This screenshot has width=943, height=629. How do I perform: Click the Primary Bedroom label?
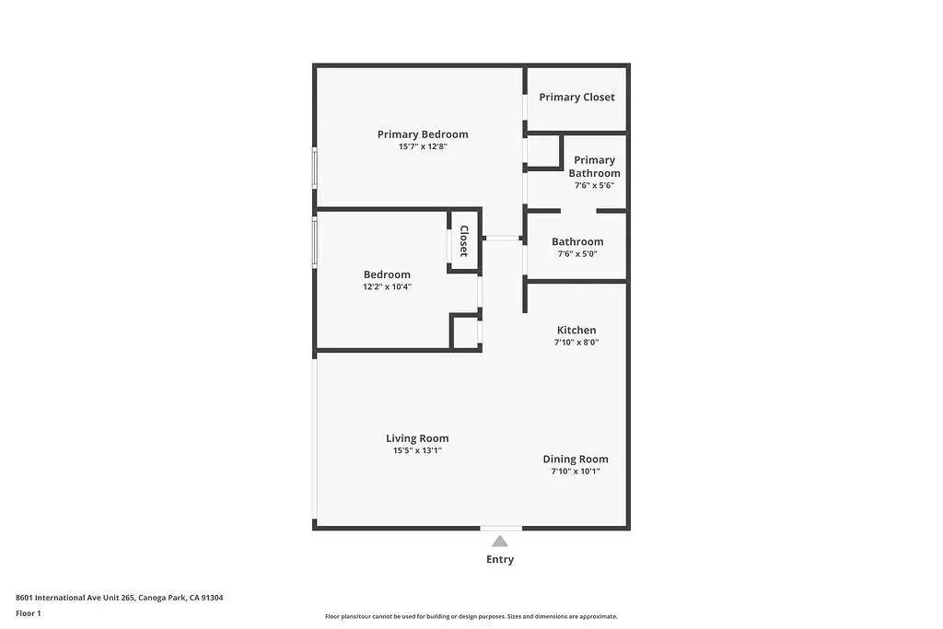tap(423, 134)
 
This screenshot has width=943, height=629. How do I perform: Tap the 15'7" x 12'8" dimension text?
tap(423, 146)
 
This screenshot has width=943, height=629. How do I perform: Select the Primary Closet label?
tap(576, 98)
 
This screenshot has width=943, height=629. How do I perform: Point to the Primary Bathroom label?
tap(594, 167)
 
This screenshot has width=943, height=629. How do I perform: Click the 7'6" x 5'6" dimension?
tap(594, 185)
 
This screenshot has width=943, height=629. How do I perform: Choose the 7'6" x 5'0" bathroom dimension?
tap(577, 254)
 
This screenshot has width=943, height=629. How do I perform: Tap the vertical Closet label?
tap(464, 240)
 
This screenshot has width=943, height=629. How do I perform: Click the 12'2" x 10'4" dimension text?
tap(388, 286)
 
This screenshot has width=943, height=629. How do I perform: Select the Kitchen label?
tap(576, 330)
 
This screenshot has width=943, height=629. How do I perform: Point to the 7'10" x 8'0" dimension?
tap(576, 343)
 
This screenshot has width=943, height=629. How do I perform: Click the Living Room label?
tap(417, 439)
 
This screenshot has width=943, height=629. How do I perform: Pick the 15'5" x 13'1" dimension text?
tap(417, 450)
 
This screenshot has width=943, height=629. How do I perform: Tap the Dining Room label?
tap(576, 460)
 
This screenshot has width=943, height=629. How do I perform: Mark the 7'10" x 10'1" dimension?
tap(576, 471)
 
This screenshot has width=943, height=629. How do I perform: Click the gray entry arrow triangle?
tap(500, 542)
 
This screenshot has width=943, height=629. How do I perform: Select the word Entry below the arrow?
tap(500, 559)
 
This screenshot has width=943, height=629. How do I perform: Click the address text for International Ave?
tap(119, 598)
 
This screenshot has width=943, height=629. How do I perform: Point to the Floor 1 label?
tap(29, 613)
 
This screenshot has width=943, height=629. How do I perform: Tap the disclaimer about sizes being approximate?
tap(471, 616)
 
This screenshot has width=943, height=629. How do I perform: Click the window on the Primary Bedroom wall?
tap(315, 168)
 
